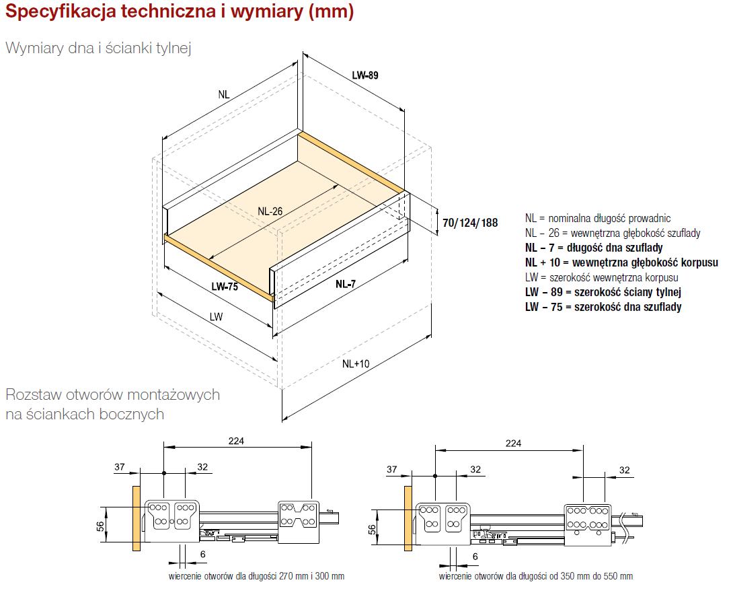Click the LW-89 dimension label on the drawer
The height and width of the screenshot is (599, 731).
pos(365,75)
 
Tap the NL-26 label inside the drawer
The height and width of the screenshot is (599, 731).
pos(270,211)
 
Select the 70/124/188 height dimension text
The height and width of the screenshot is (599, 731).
pos(470,223)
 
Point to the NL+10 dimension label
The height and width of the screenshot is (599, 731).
pos(356,364)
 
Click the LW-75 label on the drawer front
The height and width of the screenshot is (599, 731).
pos(225,287)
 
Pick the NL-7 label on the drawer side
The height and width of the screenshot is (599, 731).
pos(346,283)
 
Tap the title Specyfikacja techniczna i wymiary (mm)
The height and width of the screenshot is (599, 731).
pos(180,11)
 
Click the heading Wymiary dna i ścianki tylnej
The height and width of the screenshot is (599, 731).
pos(98,48)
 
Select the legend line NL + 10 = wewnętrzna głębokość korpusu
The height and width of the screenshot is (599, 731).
pos(621,262)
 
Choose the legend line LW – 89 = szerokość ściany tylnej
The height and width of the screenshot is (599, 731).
pos(603,293)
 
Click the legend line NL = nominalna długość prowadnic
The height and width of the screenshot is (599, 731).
pos(598,218)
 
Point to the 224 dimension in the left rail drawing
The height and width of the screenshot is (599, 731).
pos(236,441)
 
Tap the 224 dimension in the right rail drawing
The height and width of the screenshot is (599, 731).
pos(513,443)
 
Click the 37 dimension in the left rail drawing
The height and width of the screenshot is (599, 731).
pos(120,467)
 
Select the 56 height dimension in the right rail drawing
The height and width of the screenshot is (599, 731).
pos(372,530)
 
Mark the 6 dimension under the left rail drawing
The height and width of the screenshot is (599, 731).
pos(203,554)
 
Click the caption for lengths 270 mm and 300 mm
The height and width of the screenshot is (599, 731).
pos(256,576)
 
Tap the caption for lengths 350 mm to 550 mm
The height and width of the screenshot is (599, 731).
pos(536,576)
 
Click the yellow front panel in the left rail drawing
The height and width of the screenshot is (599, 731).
pos(137,518)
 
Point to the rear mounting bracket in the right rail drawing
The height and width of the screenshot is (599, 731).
pos(587,524)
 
